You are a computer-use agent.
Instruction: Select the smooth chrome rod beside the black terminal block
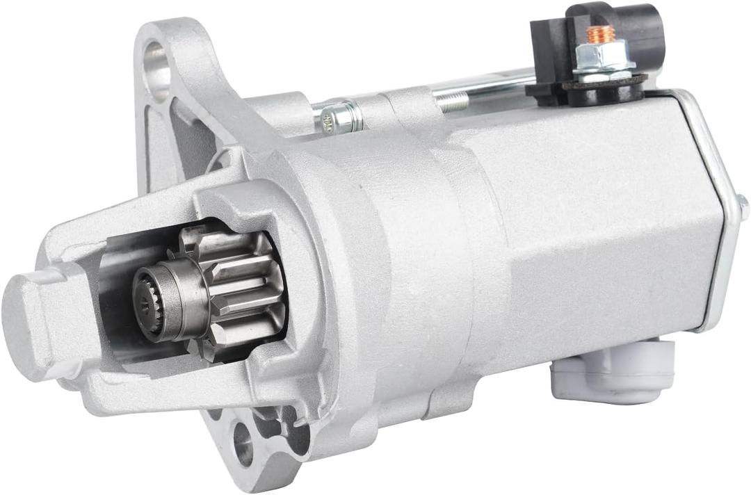pyautogui.click(x=487, y=85)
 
